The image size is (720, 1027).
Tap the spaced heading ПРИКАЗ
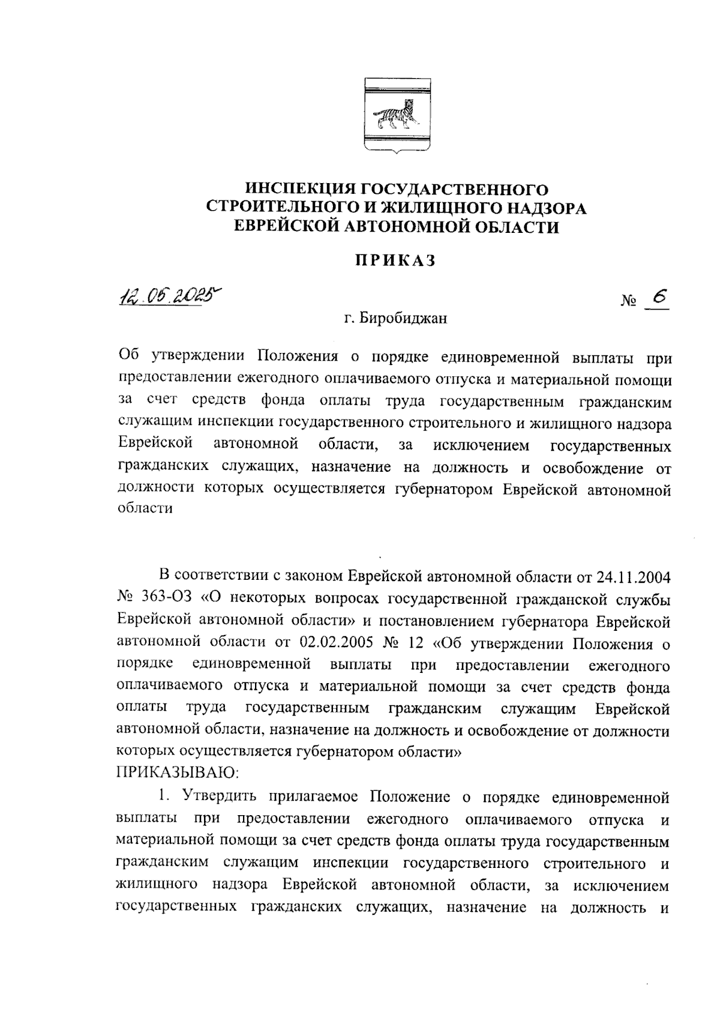tap(395, 262)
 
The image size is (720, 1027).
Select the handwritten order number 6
tap(659, 298)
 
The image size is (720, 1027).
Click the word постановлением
tap(450, 621)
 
